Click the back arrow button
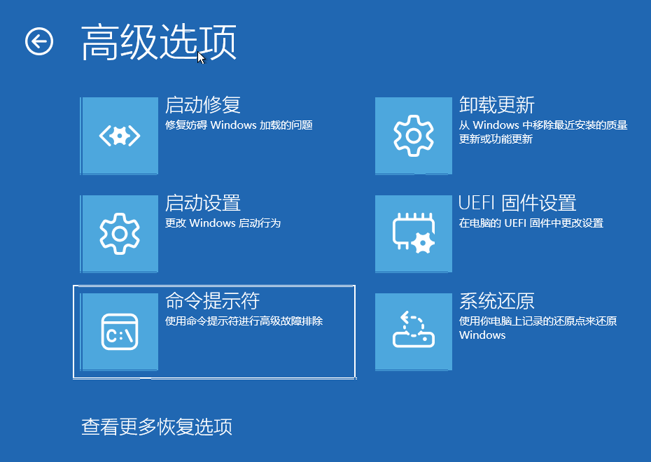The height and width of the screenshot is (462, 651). pos(39,41)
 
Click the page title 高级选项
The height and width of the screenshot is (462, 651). pos(159,41)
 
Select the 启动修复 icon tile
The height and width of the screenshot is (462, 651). pos(120,135)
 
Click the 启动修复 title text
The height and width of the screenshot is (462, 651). pos(202,104)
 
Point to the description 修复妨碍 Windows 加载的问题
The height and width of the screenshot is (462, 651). pos(239,125)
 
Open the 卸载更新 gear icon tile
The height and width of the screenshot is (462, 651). pos(414,135)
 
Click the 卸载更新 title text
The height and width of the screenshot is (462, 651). pos(496,104)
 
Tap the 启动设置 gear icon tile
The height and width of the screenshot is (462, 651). pos(120,234)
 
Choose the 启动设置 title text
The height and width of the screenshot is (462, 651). pos(202,203)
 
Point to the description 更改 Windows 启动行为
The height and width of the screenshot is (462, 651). pos(223,223)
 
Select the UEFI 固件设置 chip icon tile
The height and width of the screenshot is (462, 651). pos(414,234)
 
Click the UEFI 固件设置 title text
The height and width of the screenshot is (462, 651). pos(517,203)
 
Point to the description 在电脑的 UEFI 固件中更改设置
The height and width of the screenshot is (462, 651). pos(531,223)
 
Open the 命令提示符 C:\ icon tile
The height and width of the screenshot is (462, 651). pos(120,332)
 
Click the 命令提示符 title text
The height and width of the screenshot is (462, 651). pos(212,301)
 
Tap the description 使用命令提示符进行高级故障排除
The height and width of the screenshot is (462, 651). pos(244,321)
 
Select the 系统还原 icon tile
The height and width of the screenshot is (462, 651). pos(414,332)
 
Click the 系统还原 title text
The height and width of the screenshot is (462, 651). pos(496,301)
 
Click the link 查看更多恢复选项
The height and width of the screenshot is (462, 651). pos(157,427)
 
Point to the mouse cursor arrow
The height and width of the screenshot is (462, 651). pos(200,57)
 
